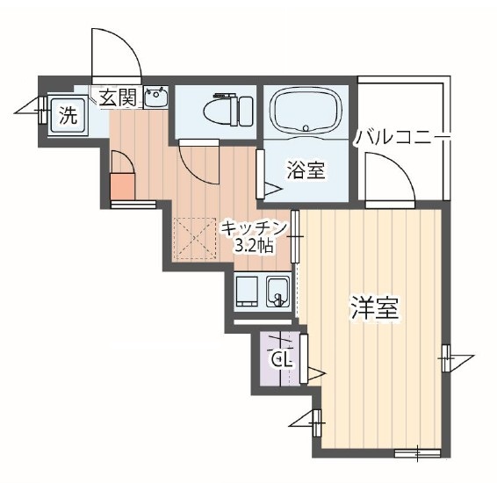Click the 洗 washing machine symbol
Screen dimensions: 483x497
[x=67, y=113]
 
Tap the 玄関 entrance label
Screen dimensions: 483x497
[x=117, y=97]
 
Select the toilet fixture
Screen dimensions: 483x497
[x=227, y=112]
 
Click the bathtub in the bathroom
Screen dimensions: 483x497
[x=308, y=113]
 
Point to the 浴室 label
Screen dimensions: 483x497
[x=306, y=170]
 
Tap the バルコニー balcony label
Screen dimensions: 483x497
[x=403, y=138]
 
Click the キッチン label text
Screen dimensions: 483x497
[x=255, y=227]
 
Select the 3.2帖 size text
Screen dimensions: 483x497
[x=253, y=246]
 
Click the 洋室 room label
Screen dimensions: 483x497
[x=376, y=308]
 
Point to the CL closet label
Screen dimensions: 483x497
[x=282, y=358]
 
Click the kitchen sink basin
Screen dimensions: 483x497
[x=278, y=290]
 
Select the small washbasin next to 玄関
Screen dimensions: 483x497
[x=155, y=97]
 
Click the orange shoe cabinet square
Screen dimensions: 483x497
[x=122, y=187]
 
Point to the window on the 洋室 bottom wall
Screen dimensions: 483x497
[x=417, y=453]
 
